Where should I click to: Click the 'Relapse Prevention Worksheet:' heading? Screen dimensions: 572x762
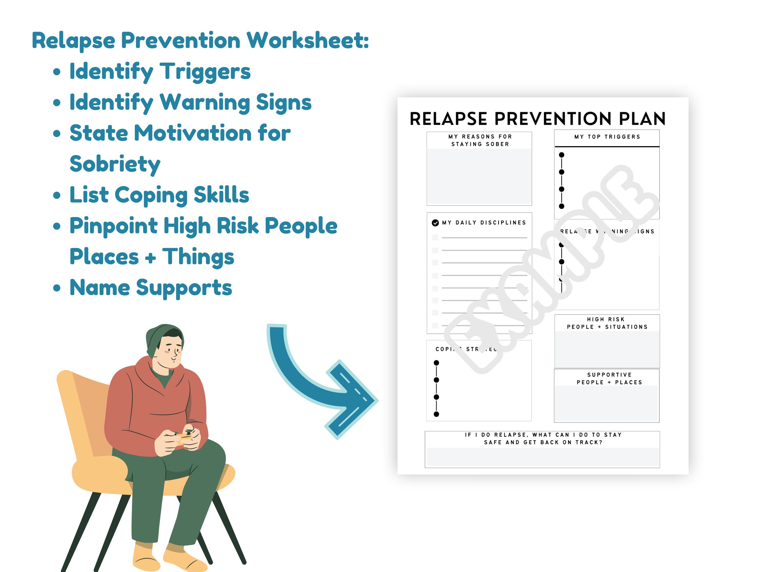point(200,41)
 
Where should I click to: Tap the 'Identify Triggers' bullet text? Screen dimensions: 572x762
point(160,71)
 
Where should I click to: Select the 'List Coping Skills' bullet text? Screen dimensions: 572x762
point(159,195)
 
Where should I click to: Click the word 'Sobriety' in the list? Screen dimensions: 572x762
point(115,164)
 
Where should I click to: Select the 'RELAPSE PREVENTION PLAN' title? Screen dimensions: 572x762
point(537,119)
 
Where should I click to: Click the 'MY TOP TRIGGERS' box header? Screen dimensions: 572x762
point(607,137)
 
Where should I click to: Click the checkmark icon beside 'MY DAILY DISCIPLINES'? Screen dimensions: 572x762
point(435,223)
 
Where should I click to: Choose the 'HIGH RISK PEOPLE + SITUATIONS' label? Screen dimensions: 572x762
point(607,323)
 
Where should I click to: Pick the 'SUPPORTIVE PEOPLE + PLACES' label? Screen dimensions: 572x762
point(609,379)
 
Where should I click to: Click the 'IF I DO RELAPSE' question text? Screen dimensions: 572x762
point(543,438)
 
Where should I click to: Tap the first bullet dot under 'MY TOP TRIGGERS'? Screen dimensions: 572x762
point(561,155)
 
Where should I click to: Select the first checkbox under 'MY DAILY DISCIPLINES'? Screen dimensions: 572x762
point(435,237)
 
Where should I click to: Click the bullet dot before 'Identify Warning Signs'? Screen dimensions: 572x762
point(57,102)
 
